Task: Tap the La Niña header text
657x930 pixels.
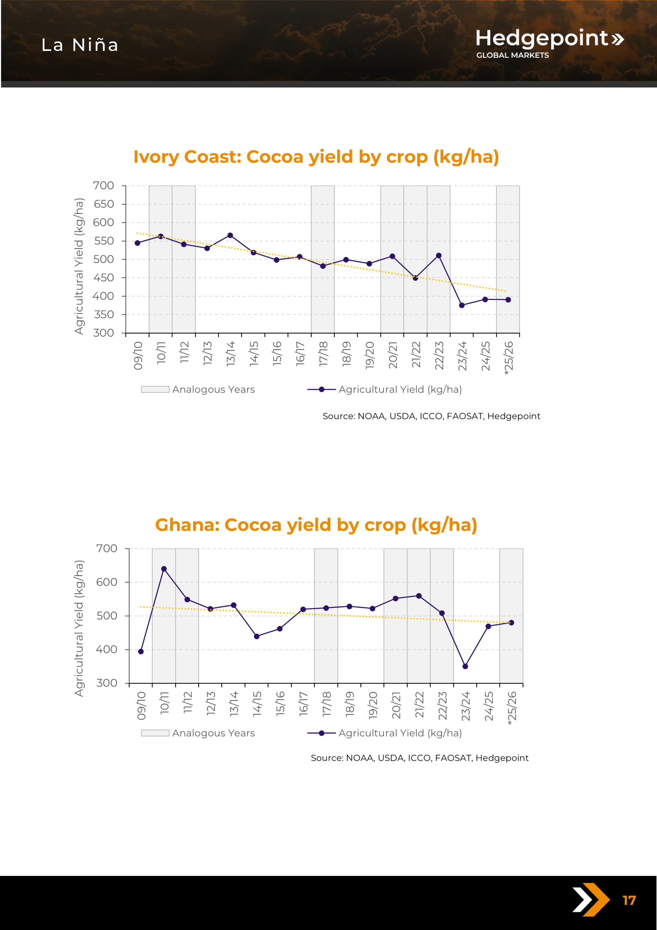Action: [x=80, y=45]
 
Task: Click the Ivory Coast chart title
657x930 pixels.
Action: [x=316, y=157]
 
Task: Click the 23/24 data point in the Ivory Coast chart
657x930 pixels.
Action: [x=462, y=305]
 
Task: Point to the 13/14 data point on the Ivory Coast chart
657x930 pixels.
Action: [x=230, y=235]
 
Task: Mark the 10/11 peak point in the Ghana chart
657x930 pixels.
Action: [x=164, y=569]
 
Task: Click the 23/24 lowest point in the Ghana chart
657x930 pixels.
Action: [x=465, y=666]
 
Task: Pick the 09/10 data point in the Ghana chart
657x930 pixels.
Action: [x=141, y=651]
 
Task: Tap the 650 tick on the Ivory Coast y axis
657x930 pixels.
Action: [x=104, y=204]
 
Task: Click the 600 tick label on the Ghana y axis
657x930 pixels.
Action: [x=106, y=582]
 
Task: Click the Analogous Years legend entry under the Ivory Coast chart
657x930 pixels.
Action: [x=198, y=389]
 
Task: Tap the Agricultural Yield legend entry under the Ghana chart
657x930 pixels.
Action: [x=385, y=733]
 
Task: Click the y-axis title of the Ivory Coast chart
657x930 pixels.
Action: [x=79, y=266]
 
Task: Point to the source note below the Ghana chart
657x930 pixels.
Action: [x=419, y=758]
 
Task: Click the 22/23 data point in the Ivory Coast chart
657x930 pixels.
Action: [x=439, y=256]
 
